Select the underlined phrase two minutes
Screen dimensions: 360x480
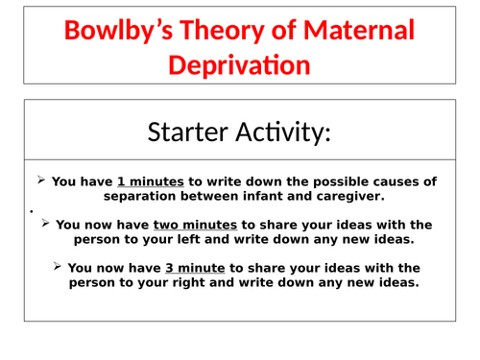[x=177, y=224]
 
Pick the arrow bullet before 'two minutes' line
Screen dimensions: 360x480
[x=47, y=223]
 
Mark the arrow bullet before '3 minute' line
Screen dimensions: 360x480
[x=59, y=266]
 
